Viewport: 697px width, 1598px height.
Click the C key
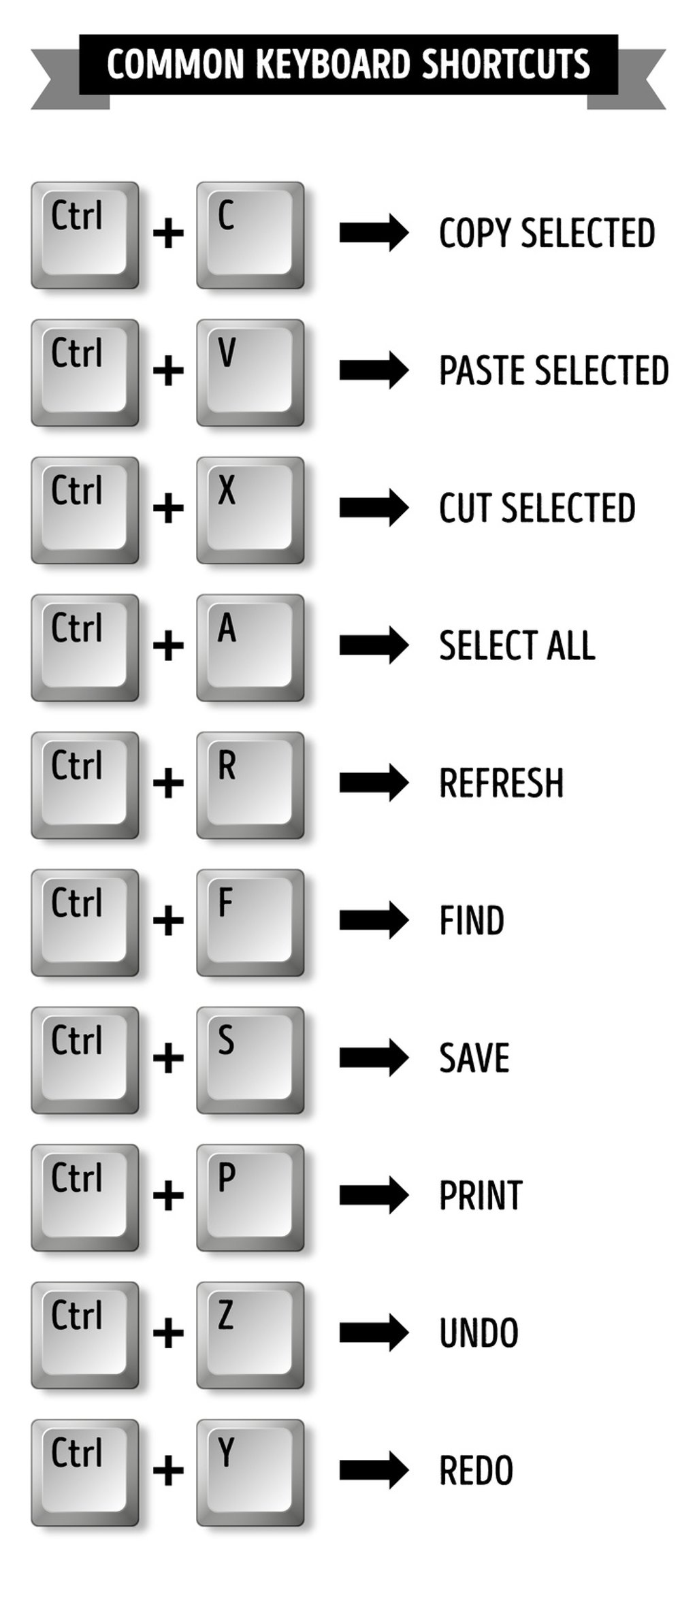(x=250, y=235)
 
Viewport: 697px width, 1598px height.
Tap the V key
(x=250, y=372)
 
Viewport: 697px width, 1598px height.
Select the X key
(x=250, y=510)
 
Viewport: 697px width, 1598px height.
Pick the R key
(x=250, y=785)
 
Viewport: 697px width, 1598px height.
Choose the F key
(x=250, y=922)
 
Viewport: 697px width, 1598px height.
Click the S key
(x=250, y=1060)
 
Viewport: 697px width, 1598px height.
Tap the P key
(x=250, y=1197)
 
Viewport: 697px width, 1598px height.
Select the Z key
(x=250, y=1335)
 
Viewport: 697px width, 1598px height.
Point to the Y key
(x=250, y=1472)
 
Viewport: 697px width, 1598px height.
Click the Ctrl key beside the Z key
(x=84, y=1335)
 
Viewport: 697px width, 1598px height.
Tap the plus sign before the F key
(x=168, y=921)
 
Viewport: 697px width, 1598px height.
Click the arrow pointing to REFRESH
(x=374, y=782)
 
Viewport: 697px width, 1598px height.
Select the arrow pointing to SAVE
(x=374, y=1057)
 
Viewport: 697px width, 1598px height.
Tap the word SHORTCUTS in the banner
(x=506, y=65)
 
